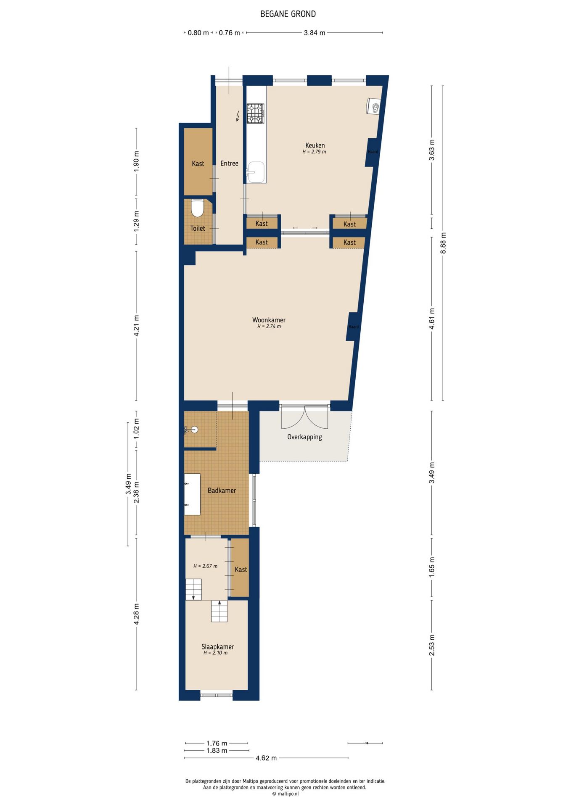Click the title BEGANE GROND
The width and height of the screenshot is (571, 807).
pos(288,14)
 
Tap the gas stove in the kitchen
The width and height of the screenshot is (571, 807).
pos(255,113)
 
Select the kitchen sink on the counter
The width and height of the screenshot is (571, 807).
pos(256,172)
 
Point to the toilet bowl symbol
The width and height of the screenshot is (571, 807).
pos(197,208)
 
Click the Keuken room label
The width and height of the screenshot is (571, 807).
pos(315,145)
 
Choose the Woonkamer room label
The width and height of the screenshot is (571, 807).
pos(269,320)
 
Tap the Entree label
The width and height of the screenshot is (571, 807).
pos(229,164)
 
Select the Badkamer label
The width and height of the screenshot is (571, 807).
pos(222,491)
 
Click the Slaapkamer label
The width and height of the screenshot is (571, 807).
pos(218,647)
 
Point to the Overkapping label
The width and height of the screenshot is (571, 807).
pos(305,437)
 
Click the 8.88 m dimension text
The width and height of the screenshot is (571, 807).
pos(443,243)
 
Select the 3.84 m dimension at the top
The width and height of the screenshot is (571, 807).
pos(315,33)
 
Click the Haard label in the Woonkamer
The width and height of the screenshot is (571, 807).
pos(354,327)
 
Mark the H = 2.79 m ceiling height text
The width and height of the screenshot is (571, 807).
pos(314,152)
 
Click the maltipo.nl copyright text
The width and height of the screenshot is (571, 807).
pos(285,794)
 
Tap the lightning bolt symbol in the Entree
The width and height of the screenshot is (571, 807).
pos(238,116)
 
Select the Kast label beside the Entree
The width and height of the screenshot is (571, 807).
pos(198,164)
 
